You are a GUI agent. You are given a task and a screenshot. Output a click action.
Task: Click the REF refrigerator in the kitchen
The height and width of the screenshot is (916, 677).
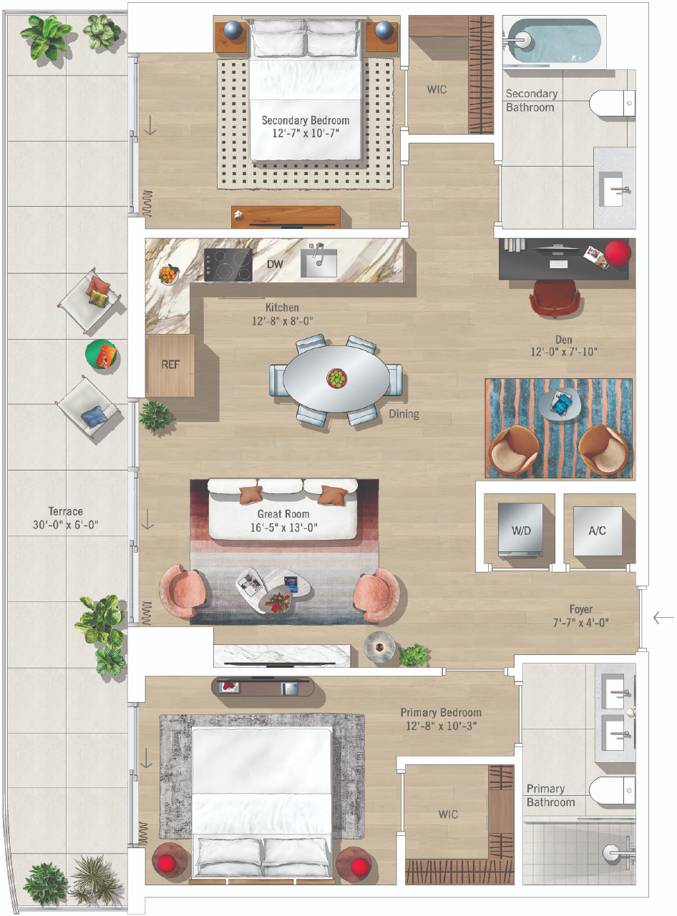tap(170, 365)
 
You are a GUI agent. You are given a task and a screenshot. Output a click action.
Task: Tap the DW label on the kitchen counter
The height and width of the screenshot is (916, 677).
tap(275, 264)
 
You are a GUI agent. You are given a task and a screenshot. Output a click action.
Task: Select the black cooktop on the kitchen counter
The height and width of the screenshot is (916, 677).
tap(228, 265)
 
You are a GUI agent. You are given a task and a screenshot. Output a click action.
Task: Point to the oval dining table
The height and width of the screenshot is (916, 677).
tap(336, 379)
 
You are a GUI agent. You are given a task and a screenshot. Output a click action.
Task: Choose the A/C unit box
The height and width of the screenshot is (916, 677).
tap(598, 531)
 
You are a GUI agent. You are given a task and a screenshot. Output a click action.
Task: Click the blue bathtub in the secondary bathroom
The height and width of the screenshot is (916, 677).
tap(554, 41)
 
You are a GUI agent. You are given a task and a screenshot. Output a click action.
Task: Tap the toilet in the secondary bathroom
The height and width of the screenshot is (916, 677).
tap(612, 103)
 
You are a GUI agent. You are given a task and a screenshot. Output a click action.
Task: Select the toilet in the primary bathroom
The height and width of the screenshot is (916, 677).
tap(612, 790)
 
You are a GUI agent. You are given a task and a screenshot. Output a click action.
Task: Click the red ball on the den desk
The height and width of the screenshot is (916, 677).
tap(618, 252)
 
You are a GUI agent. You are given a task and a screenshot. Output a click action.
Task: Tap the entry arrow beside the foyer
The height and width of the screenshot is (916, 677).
tap(663, 618)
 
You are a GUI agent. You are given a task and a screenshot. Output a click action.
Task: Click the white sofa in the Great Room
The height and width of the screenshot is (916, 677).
tap(283, 509)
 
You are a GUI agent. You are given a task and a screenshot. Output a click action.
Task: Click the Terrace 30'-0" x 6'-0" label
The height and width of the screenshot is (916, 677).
tap(66, 518)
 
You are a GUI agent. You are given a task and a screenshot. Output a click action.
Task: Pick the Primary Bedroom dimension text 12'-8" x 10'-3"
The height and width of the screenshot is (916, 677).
tap(441, 726)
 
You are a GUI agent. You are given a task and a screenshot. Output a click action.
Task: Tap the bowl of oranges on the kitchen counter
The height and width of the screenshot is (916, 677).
tap(169, 274)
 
